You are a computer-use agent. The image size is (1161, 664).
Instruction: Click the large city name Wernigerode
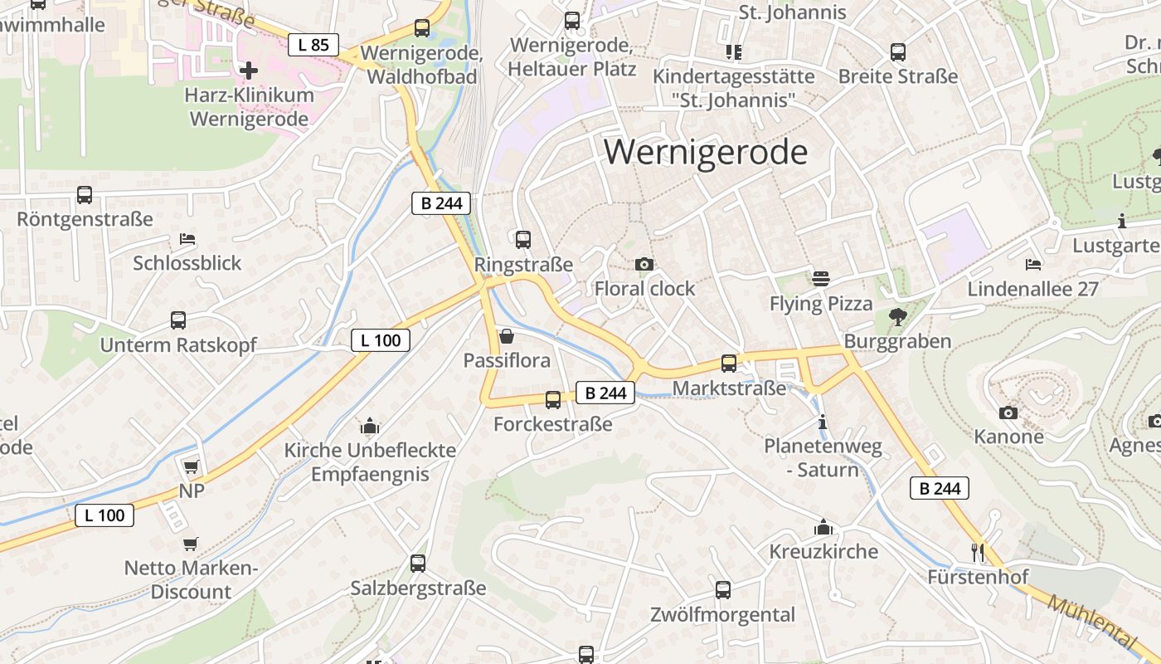point(705,153)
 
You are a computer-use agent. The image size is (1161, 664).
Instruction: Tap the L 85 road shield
point(313,45)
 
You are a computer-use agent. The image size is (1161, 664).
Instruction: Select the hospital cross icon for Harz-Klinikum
point(248,70)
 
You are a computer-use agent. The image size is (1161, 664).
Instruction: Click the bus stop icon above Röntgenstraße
point(85,195)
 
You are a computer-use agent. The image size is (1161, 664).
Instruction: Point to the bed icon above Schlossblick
point(187,239)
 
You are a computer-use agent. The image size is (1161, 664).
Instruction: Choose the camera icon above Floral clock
point(644,265)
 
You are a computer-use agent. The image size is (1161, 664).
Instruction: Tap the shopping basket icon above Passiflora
point(507,336)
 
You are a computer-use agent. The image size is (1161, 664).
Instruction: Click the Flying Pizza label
point(821,304)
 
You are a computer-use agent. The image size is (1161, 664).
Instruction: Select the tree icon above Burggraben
point(897,316)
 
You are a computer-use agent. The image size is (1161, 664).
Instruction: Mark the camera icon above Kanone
point(1008,413)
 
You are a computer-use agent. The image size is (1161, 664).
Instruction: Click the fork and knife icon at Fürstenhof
point(979,552)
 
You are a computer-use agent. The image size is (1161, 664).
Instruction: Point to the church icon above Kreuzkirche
point(823,527)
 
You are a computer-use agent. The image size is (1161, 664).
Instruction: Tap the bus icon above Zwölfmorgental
point(723,590)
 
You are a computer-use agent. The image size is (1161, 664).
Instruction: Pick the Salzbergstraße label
point(418,588)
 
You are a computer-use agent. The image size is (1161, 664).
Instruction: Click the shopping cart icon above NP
point(192,466)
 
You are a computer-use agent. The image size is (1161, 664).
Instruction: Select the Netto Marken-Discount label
point(191,580)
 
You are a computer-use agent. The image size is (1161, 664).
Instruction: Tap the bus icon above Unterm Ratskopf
point(178,320)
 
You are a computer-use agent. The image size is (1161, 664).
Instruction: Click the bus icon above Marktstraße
point(729,364)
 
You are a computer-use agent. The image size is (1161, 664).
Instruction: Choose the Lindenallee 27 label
point(1032,290)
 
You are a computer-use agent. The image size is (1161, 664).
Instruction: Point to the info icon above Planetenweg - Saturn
point(823,422)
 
